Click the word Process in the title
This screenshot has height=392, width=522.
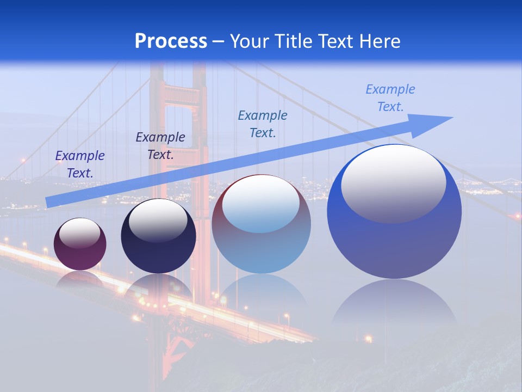tap(171, 41)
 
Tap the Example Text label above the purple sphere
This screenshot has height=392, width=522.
tap(80, 164)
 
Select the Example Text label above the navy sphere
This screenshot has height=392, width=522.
tap(160, 146)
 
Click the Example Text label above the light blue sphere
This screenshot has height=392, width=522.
tap(263, 124)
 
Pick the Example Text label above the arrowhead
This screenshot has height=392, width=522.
tap(390, 98)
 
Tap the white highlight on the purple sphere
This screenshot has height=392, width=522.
tap(80, 233)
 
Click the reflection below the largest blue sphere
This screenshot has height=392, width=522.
tap(394, 305)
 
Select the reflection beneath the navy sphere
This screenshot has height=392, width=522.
tap(158, 289)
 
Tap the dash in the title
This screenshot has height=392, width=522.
tap(219, 42)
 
